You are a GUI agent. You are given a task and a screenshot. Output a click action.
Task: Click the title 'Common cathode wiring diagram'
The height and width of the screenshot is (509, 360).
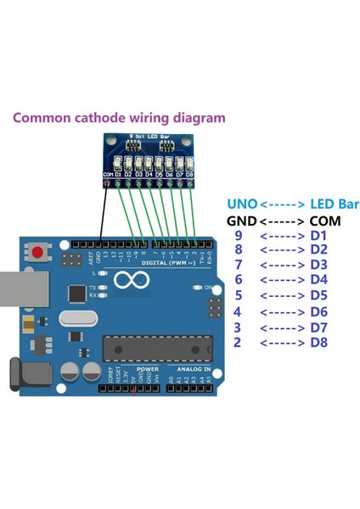pyautogui.click(x=119, y=118)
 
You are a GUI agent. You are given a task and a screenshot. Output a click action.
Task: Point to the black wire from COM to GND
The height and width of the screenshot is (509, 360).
pyautogui.click(x=103, y=216)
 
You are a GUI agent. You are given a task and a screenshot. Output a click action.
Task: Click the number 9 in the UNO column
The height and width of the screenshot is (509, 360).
pyautogui.click(x=239, y=235)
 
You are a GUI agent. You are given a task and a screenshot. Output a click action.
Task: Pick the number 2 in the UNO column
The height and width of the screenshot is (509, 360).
pyautogui.click(x=239, y=342)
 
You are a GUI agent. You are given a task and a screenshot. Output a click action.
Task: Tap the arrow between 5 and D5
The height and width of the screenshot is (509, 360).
pyautogui.click(x=281, y=297)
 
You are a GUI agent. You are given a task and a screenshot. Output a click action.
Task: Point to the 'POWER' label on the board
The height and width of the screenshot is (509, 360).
pyautogui.click(x=146, y=371)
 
